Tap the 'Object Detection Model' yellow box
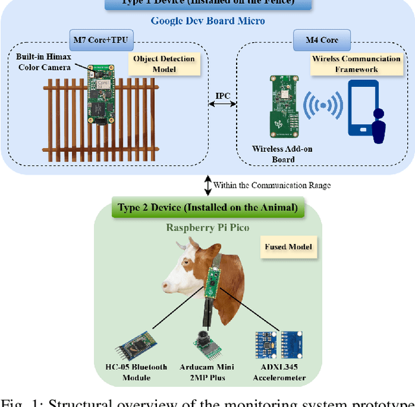click(x=163, y=63)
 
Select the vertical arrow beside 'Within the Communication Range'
click(x=206, y=185)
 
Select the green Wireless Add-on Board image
click(x=281, y=105)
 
